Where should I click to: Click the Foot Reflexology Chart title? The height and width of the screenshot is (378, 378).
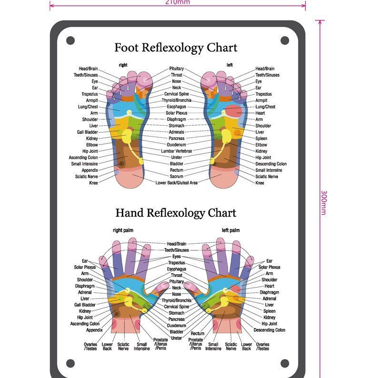click(176, 48)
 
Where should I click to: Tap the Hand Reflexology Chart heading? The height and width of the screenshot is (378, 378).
click(176, 212)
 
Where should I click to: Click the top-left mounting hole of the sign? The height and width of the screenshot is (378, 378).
click(70, 40)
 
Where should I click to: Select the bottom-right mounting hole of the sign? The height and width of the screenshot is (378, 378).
click(285, 363)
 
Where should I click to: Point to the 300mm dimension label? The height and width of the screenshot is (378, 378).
click(324, 202)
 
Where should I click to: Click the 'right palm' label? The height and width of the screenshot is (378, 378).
click(123, 230)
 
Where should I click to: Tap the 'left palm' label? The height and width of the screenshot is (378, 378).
click(230, 230)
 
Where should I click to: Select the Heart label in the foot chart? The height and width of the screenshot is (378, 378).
click(260, 113)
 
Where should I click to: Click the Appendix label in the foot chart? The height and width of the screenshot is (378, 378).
click(90, 170)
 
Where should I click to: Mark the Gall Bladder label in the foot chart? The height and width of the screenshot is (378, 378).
click(88, 132)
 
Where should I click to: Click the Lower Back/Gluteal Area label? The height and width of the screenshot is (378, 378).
click(177, 183)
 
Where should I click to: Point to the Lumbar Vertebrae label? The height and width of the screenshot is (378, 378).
click(177, 151)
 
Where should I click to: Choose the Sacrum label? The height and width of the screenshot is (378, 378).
click(177, 176)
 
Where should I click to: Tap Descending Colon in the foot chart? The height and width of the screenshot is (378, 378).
click(271, 164)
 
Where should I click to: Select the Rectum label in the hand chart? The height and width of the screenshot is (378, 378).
click(198, 334)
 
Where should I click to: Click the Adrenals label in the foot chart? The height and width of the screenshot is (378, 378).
click(177, 132)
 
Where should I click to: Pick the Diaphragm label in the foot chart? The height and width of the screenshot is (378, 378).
click(177, 119)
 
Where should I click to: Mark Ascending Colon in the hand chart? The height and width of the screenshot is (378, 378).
click(85, 324)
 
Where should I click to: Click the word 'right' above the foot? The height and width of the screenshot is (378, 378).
click(123, 65)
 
